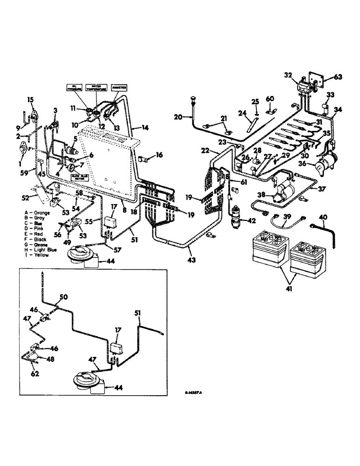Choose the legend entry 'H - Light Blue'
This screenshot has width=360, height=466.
pos(42,250)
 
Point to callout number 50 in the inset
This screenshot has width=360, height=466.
pos(63,296)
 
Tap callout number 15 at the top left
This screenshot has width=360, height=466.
pos(31,99)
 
